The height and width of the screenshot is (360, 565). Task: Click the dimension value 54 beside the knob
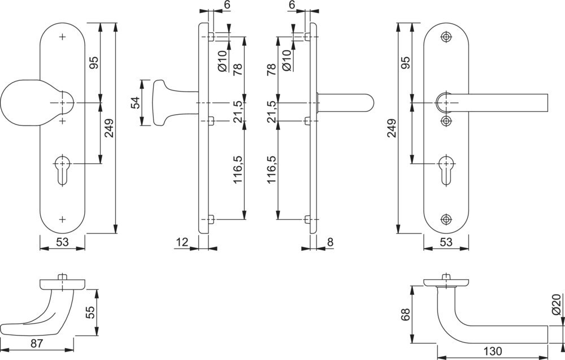click(136, 103)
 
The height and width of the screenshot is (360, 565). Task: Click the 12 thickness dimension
click(182, 242)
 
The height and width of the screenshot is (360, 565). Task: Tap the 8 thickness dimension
click(330, 242)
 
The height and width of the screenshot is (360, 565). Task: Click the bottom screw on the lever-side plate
click(446, 219)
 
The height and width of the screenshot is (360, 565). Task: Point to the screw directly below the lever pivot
click(446, 121)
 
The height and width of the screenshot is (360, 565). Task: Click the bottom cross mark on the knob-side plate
click(62, 218)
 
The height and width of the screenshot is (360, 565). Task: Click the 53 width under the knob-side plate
click(62, 243)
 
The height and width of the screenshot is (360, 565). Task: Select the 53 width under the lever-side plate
click(446, 243)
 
